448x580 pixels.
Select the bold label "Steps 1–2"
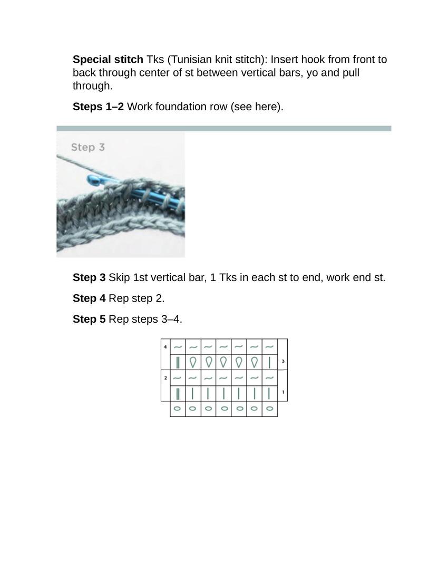[98, 107]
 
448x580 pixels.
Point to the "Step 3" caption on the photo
[88, 147]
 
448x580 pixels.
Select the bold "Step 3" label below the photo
[89, 277]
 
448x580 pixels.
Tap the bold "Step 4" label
[89, 298]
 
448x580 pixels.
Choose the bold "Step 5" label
[89, 320]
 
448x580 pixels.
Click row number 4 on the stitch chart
[165, 347]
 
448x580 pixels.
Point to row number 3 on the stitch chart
[283, 362]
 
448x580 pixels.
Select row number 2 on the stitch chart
[165, 378]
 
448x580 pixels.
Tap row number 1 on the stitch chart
[283, 393]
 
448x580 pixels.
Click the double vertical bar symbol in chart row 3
[178, 362]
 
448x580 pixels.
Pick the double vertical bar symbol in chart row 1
[178, 393]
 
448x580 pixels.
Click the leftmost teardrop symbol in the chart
[193, 362]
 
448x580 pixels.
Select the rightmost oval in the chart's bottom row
[269, 409]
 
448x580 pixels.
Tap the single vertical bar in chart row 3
[269, 362]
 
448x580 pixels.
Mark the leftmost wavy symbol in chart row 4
[178, 347]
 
